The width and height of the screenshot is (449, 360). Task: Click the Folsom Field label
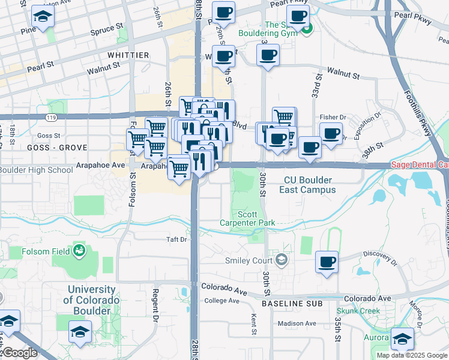[44, 251]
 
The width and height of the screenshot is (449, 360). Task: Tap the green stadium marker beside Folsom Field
[79, 251]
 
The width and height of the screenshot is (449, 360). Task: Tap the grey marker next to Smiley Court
[282, 260]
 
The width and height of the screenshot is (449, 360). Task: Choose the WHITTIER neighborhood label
[128, 55]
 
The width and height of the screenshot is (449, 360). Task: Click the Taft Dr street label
[177, 239]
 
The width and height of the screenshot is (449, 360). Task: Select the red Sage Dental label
[419, 164]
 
